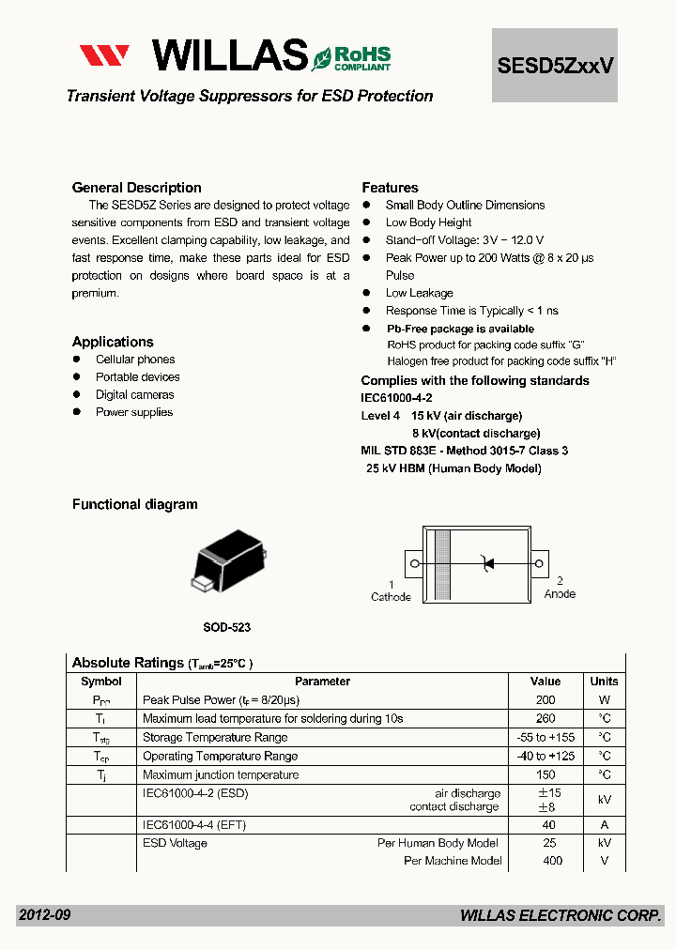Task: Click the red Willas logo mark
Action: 103,55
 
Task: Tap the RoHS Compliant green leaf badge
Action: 351,57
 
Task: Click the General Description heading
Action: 136,188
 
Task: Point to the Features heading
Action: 390,188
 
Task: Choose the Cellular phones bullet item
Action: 134,360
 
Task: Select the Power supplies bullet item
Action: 133,412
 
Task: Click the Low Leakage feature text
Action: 419,293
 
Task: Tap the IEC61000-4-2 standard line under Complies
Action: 396,398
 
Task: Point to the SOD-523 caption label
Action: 226,626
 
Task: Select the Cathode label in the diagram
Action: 391,596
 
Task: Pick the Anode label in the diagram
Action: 560,594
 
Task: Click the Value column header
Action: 545,682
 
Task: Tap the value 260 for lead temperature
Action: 545,718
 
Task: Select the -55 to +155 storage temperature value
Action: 545,737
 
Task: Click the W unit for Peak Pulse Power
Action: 604,700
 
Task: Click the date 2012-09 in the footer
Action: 44,915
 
